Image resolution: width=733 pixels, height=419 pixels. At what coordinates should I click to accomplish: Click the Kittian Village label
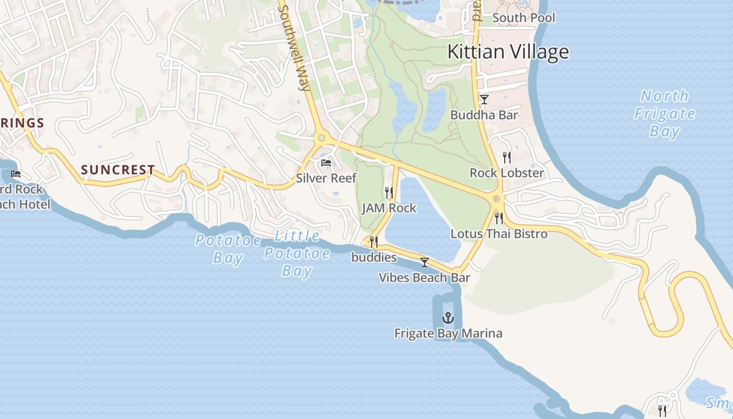click(x=508, y=52)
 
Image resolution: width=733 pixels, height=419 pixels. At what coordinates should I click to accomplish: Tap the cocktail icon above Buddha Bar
click(x=484, y=99)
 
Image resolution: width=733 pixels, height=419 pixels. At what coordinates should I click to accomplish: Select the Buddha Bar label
click(x=484, y=115)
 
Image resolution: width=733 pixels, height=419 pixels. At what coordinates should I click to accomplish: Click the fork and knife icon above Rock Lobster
click(x=506, y=157)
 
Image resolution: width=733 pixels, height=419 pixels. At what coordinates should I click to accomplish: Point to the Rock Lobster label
click(x=506, y=173)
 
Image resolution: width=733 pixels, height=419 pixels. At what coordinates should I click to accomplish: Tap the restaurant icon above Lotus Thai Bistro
click(x=499, y=218)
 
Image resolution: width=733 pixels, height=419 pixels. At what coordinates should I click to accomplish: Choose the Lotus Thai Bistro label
click(x=499, y=234)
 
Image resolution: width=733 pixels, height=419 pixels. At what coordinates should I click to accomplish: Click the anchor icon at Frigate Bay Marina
click(x=448, y=317)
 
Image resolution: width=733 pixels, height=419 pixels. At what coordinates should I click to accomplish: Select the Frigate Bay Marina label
click(x=448, y=333)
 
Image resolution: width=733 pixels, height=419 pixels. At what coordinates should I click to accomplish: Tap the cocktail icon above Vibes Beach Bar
click(x=425, y=262)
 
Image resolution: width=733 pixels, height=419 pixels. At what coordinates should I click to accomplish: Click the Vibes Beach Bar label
click(x=425, y=278)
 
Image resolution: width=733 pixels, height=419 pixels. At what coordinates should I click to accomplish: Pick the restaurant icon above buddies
click(x=374, y=241)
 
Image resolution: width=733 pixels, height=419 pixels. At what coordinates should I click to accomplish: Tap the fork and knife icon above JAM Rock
click(x=389, y=192)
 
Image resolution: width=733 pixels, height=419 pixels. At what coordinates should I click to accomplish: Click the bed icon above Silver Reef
click(x=326, y=163)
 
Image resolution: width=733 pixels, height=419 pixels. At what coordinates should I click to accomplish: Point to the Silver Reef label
click(x=326, y=178)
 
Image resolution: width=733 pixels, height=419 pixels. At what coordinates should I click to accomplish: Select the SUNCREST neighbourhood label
click(x=118, y=170)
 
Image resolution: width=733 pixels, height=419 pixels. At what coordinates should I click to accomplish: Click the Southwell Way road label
click(x=295, y=47)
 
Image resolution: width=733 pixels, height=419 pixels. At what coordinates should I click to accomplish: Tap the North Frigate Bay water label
click(x=665, y=113)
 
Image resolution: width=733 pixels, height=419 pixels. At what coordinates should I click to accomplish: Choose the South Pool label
click(x=524, y=18)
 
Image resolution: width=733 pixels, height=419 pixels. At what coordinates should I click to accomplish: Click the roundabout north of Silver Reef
click(x=321, y=138)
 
